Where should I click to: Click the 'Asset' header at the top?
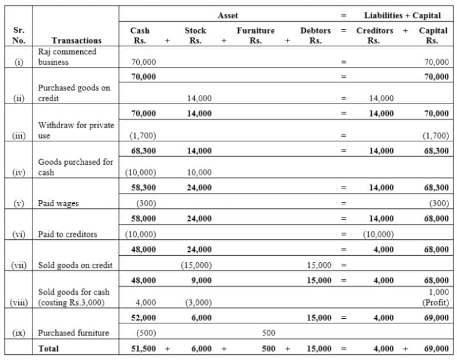coord(227,15)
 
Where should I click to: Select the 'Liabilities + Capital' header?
coord(402,15)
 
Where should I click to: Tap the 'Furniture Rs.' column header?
coord(255,35)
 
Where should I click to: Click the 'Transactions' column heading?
coord(76,41)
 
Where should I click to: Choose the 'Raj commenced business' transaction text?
coord(67,57)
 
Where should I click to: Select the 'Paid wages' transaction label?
coord(58,203)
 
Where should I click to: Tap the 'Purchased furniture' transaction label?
coord(74,333)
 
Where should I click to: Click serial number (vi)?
coord(19,234)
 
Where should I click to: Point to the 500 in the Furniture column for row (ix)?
coord(269,333)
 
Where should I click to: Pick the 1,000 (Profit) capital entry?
coord(438,296)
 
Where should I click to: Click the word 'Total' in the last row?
coord(48,348)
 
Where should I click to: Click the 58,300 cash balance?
coord(143,188)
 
